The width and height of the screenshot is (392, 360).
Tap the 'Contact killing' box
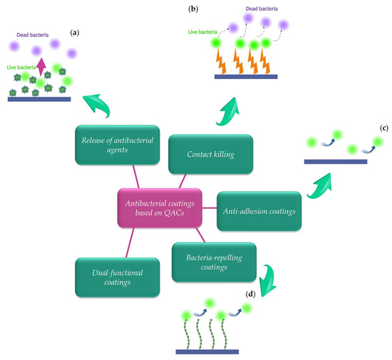(201, 153)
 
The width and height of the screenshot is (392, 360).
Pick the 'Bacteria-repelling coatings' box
(207, 262)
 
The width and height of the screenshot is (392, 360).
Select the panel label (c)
(384, 128)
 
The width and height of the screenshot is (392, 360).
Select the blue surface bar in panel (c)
(336, 162)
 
